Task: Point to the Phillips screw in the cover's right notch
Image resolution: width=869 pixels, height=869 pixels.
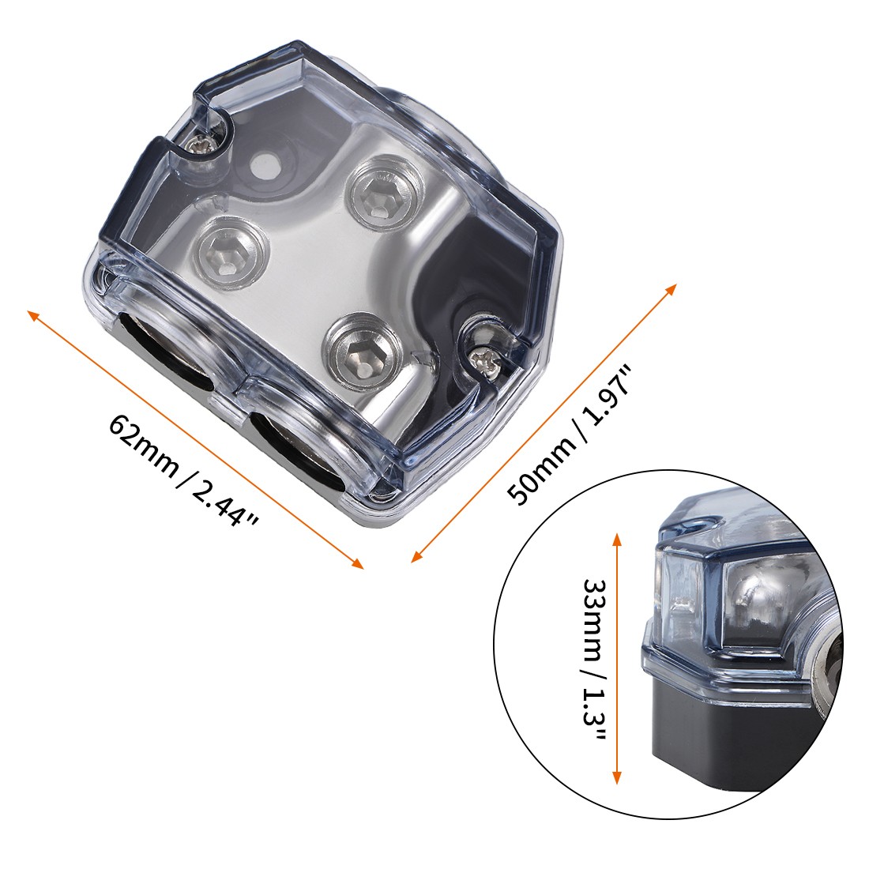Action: pos(482,357)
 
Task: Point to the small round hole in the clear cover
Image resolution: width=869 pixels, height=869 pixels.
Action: pos(262,164)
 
